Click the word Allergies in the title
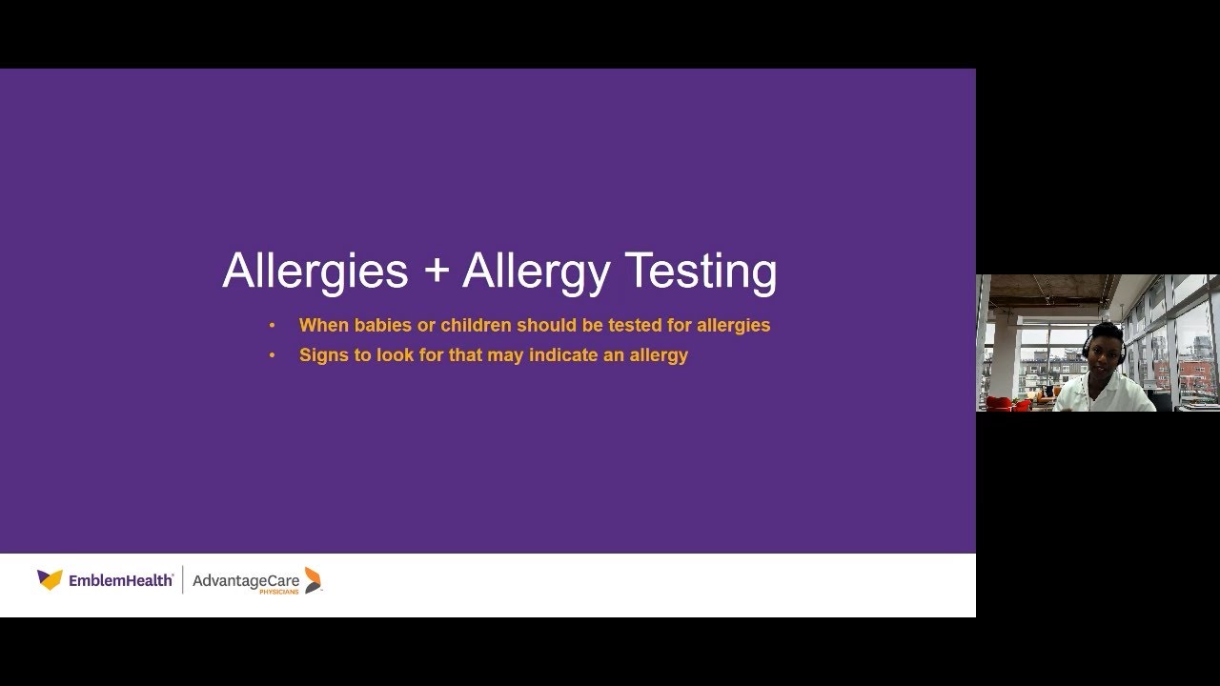click(x=315, y=272)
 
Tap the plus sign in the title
click(x=436, y=272)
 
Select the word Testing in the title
click(x=701, y=272)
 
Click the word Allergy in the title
click(x=536, y=272)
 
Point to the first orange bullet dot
click(x=272, y=326)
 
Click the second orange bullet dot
click(x=272, y=355)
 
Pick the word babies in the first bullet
click(x=383, y=325)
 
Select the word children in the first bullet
click(x=476, y=325)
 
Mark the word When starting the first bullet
click(x=324, y=325)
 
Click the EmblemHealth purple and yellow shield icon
click(x=50, y=579)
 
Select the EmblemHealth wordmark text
click(x=121, y=579)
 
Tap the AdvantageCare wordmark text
click(x=246, y=579)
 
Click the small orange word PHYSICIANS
click(x=279, y=592)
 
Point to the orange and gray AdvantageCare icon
click(x=313, y=579)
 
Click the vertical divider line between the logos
click(x=183, y=579)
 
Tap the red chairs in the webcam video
click(x=1006, y=404)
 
